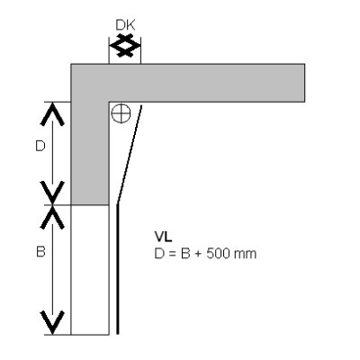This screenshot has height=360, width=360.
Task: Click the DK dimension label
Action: pyautogui.click(x=125, y=25)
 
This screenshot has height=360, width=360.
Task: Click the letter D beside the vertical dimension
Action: pyautogui.click(x=40, y=147)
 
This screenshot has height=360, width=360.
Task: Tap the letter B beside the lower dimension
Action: pyautogui.click(x=40, y=251)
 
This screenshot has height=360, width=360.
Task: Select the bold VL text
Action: pyautogui.click(x=163, y=237)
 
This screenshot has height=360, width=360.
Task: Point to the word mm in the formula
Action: pyautogui.click(x=246, y=255)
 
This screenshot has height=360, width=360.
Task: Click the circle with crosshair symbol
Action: pyautogui.click(x=121, y=113)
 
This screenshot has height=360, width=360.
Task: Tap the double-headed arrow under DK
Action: pyautogui.click(x=125, y=46)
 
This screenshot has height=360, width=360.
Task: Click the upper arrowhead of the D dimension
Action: pyautogui.click(x=52, y=114)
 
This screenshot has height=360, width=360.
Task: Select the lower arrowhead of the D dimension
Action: pyautogui.click(x=52, y=193)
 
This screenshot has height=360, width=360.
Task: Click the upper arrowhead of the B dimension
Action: pyautogui.click(x=52, y=217)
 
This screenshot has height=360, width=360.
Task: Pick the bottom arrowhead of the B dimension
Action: pyautogui.click(x=52, y=322)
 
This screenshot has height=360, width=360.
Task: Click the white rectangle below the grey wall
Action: pyautogui.click(x=90, y=270)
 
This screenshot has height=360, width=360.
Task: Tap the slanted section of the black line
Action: pyautogui.click(x=129, y=154)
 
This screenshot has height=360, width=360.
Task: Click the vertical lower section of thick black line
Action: pyautogui.click(x=118, y=269)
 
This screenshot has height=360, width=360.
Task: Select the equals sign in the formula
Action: pyautogui.click(x=171, y=254)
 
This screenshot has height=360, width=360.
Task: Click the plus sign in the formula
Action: pyautogui.click(x=198, y=254)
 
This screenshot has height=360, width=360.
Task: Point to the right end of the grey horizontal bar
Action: pyautogui.click(x=305, y=83)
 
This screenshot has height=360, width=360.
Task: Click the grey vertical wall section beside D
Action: pyautogui.click(x=90, y=153)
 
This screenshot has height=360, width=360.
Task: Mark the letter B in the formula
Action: pyautogui.click(x=184, y=254)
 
